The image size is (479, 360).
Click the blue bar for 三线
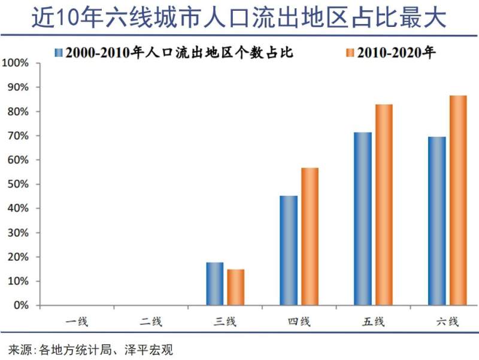[215, 284]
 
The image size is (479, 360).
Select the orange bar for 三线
[236, 288]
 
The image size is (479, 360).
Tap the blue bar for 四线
[289, 250]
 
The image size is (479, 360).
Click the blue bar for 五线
[363, 219]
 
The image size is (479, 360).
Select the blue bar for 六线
[437, 221]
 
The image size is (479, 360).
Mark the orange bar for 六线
[458, 201]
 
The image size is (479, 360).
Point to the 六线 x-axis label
[447, 322]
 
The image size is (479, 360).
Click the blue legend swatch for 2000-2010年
[59, 52]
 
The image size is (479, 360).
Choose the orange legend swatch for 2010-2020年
[350, 52]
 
